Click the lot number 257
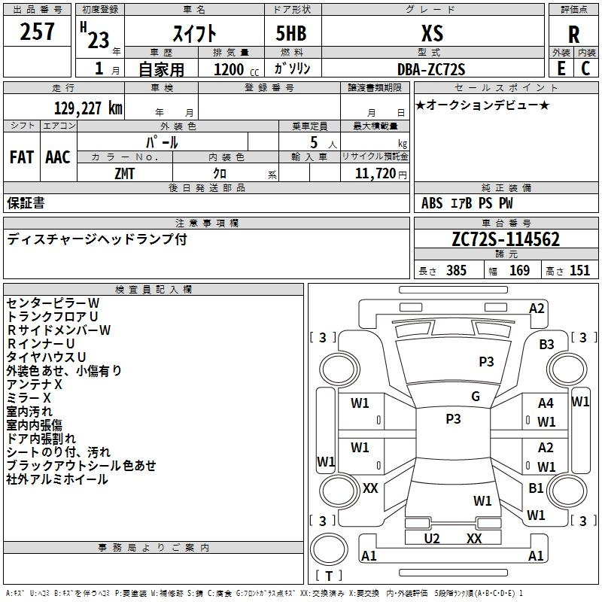point(38,32)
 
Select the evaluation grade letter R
point(573,34)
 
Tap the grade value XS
point(432,33)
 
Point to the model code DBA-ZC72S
point(432,68)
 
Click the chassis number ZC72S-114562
point(506,239)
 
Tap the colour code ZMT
point(125,173)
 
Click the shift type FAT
point(21,157)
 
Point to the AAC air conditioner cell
point(58,157)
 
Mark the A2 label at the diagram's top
point(537,308)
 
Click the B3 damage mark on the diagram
point(546,345)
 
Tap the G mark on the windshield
point(475,397)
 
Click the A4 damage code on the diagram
point(546,404)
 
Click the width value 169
point(519,270)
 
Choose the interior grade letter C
point(585,68)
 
